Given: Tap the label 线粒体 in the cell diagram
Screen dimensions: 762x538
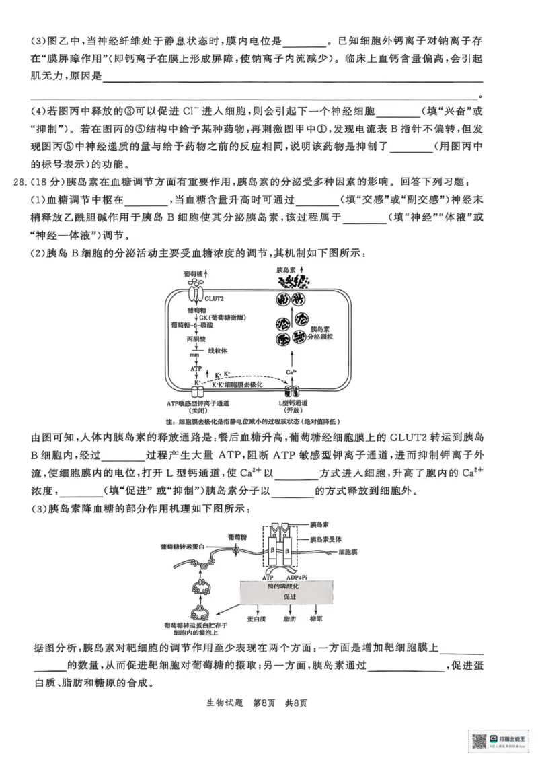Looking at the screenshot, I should pyautogui.click(x=218, y=351).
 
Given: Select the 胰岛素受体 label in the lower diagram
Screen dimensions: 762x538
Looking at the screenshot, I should pyautogui.click(x=326, y=540).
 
